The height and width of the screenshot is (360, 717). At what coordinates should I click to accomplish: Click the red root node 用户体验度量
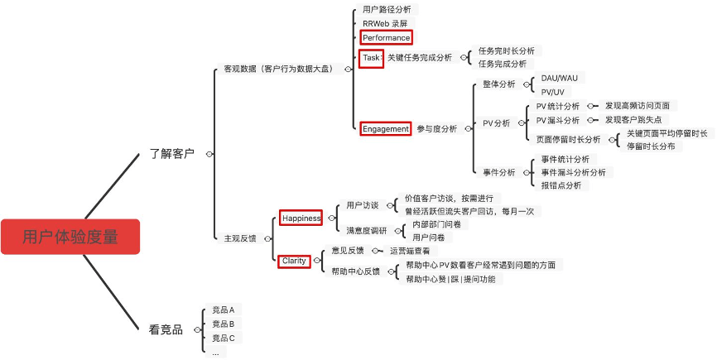tap(70, 237)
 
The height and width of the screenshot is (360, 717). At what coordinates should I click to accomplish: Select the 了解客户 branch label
tap(171, 153)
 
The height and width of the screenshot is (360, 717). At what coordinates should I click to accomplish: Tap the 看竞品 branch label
tap(166, 329)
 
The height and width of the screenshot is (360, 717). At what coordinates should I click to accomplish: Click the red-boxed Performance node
tap(386, 38)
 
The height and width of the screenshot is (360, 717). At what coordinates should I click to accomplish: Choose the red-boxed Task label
tap(372, 58)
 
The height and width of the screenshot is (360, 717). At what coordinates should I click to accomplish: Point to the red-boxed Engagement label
tap(386, 129)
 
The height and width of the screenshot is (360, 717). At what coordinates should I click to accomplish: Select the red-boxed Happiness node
tap(301, 218)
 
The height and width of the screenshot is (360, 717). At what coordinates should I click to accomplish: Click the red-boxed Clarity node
tap(294, 261)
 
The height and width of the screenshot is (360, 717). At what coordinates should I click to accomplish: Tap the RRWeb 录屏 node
tap(385, 23)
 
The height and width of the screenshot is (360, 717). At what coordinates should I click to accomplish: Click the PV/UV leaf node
tap(553, 92)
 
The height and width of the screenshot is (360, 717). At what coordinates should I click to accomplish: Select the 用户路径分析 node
tap(387, 10)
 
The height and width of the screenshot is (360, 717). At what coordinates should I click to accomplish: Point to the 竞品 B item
tap(223, 324)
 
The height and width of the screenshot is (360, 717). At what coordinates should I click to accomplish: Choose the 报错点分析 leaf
tap(561, 185)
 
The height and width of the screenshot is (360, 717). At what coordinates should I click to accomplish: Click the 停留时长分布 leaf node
tap(650, 146)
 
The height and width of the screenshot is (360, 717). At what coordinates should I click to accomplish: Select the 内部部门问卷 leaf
tap(436, 224)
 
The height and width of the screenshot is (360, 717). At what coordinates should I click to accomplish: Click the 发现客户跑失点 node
tap(633, 120)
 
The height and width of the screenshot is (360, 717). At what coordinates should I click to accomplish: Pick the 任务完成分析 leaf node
tap(502, 64)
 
